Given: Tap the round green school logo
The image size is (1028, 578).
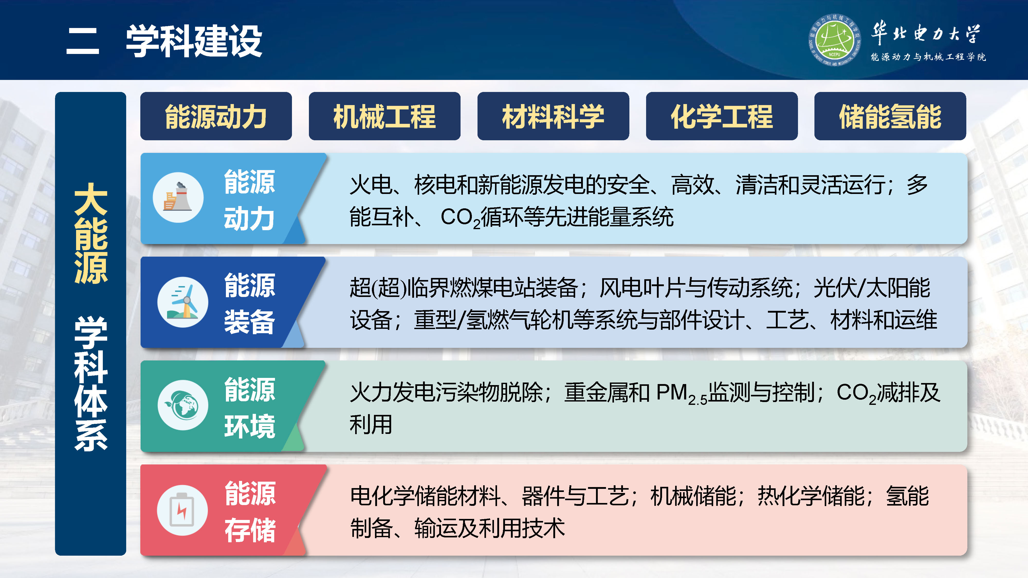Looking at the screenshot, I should coord(834,40).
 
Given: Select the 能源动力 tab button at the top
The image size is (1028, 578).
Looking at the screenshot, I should coord(216,116).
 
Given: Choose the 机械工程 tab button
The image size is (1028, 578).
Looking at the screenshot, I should coord(384,116).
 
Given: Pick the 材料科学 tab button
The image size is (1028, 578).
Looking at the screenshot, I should coord(553,116).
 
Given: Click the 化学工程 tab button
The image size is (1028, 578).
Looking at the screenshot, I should coord(721,116).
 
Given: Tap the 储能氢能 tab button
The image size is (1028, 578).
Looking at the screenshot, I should coord(890,116).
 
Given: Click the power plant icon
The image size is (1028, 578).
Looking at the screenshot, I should coord(178,198).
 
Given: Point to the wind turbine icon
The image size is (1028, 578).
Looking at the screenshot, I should coord(183,302).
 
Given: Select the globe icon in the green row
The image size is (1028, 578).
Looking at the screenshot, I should coord(183,405).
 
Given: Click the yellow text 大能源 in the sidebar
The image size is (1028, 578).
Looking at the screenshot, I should coord(91,233).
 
